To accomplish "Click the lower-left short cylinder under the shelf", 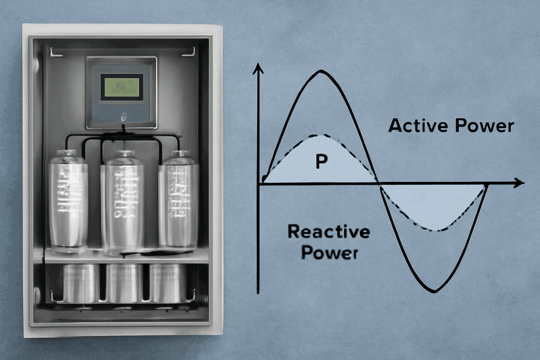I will coord(81,283).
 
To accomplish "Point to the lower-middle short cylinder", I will coord(124,283).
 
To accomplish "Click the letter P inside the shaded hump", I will coord(321,162).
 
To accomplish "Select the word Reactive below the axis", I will coord(329,232).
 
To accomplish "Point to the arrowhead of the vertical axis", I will coord(258,69).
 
